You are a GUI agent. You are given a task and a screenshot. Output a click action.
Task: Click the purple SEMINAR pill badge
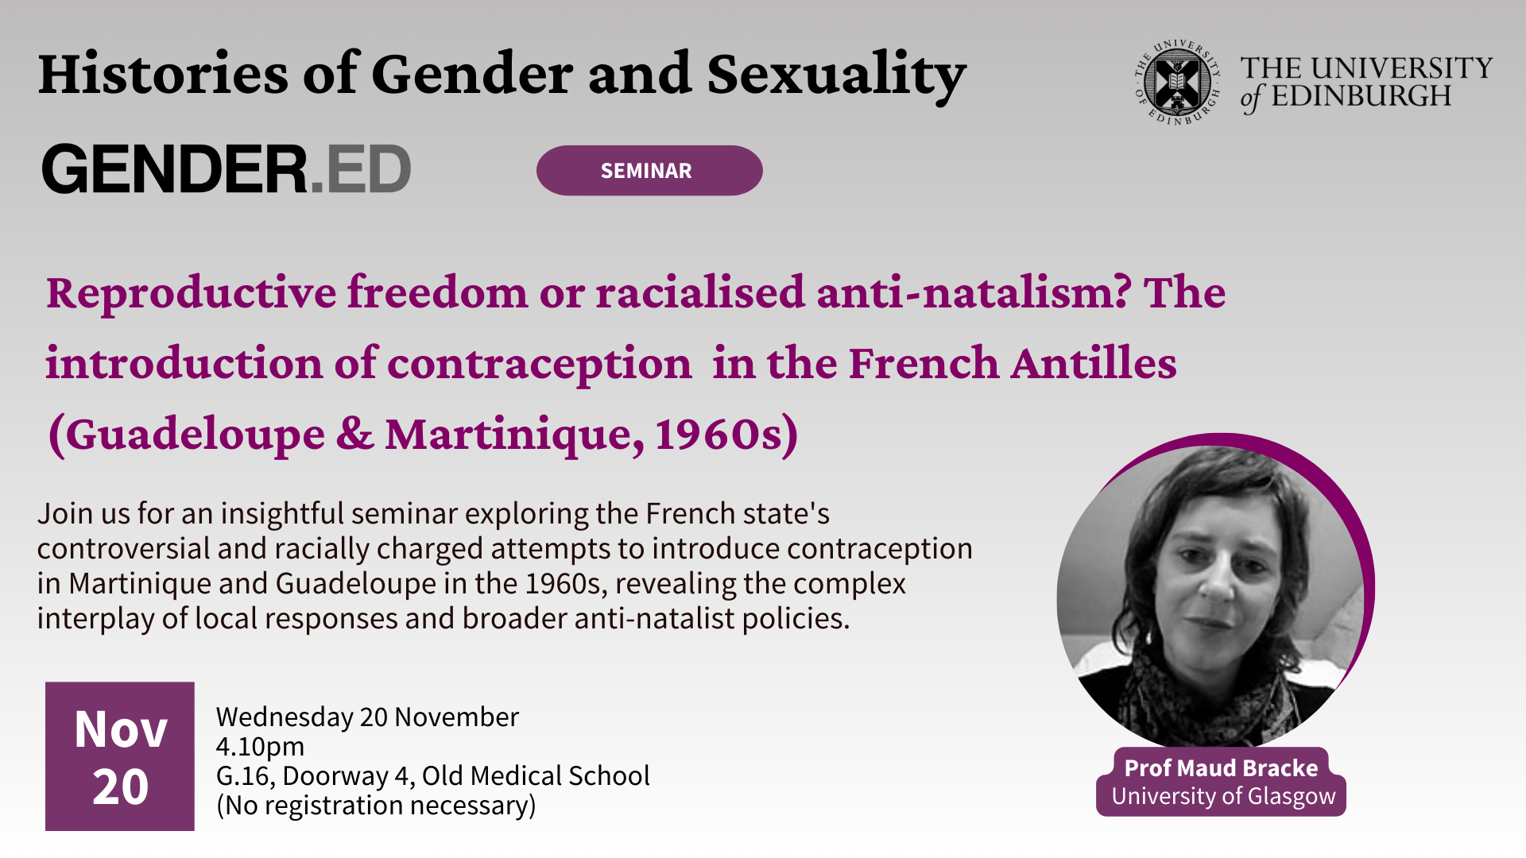coord(649,170)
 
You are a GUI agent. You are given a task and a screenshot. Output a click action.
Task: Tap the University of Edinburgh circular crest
coord(1177,82)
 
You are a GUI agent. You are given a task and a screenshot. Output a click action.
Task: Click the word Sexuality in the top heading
coord(836,75)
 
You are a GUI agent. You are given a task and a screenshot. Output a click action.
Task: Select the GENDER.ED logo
coord(227,168)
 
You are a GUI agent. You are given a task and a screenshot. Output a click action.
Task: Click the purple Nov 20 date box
coord(120,756)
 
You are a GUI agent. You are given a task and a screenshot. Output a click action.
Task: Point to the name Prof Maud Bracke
coord(1221,767)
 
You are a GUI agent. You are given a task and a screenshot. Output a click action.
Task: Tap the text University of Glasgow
coord(1223,796)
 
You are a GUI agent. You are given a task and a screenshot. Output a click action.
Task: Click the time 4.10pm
coord(260,747)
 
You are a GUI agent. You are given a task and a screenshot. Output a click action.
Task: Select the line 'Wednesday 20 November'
coord(367,717)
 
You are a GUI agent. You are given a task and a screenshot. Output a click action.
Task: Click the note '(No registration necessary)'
coord(376,806)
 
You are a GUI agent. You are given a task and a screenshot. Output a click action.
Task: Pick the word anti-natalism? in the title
coord(974,292)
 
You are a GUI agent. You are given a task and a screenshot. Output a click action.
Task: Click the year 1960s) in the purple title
coord(726,435)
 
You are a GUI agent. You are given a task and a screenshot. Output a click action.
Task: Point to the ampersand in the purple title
coord(355,434)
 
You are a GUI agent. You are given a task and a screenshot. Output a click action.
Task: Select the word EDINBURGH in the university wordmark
coord(1361,96)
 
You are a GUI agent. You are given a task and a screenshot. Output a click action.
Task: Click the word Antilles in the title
coord(1094,363)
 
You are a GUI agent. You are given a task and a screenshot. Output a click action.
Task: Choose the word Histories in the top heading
coord(164,74)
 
